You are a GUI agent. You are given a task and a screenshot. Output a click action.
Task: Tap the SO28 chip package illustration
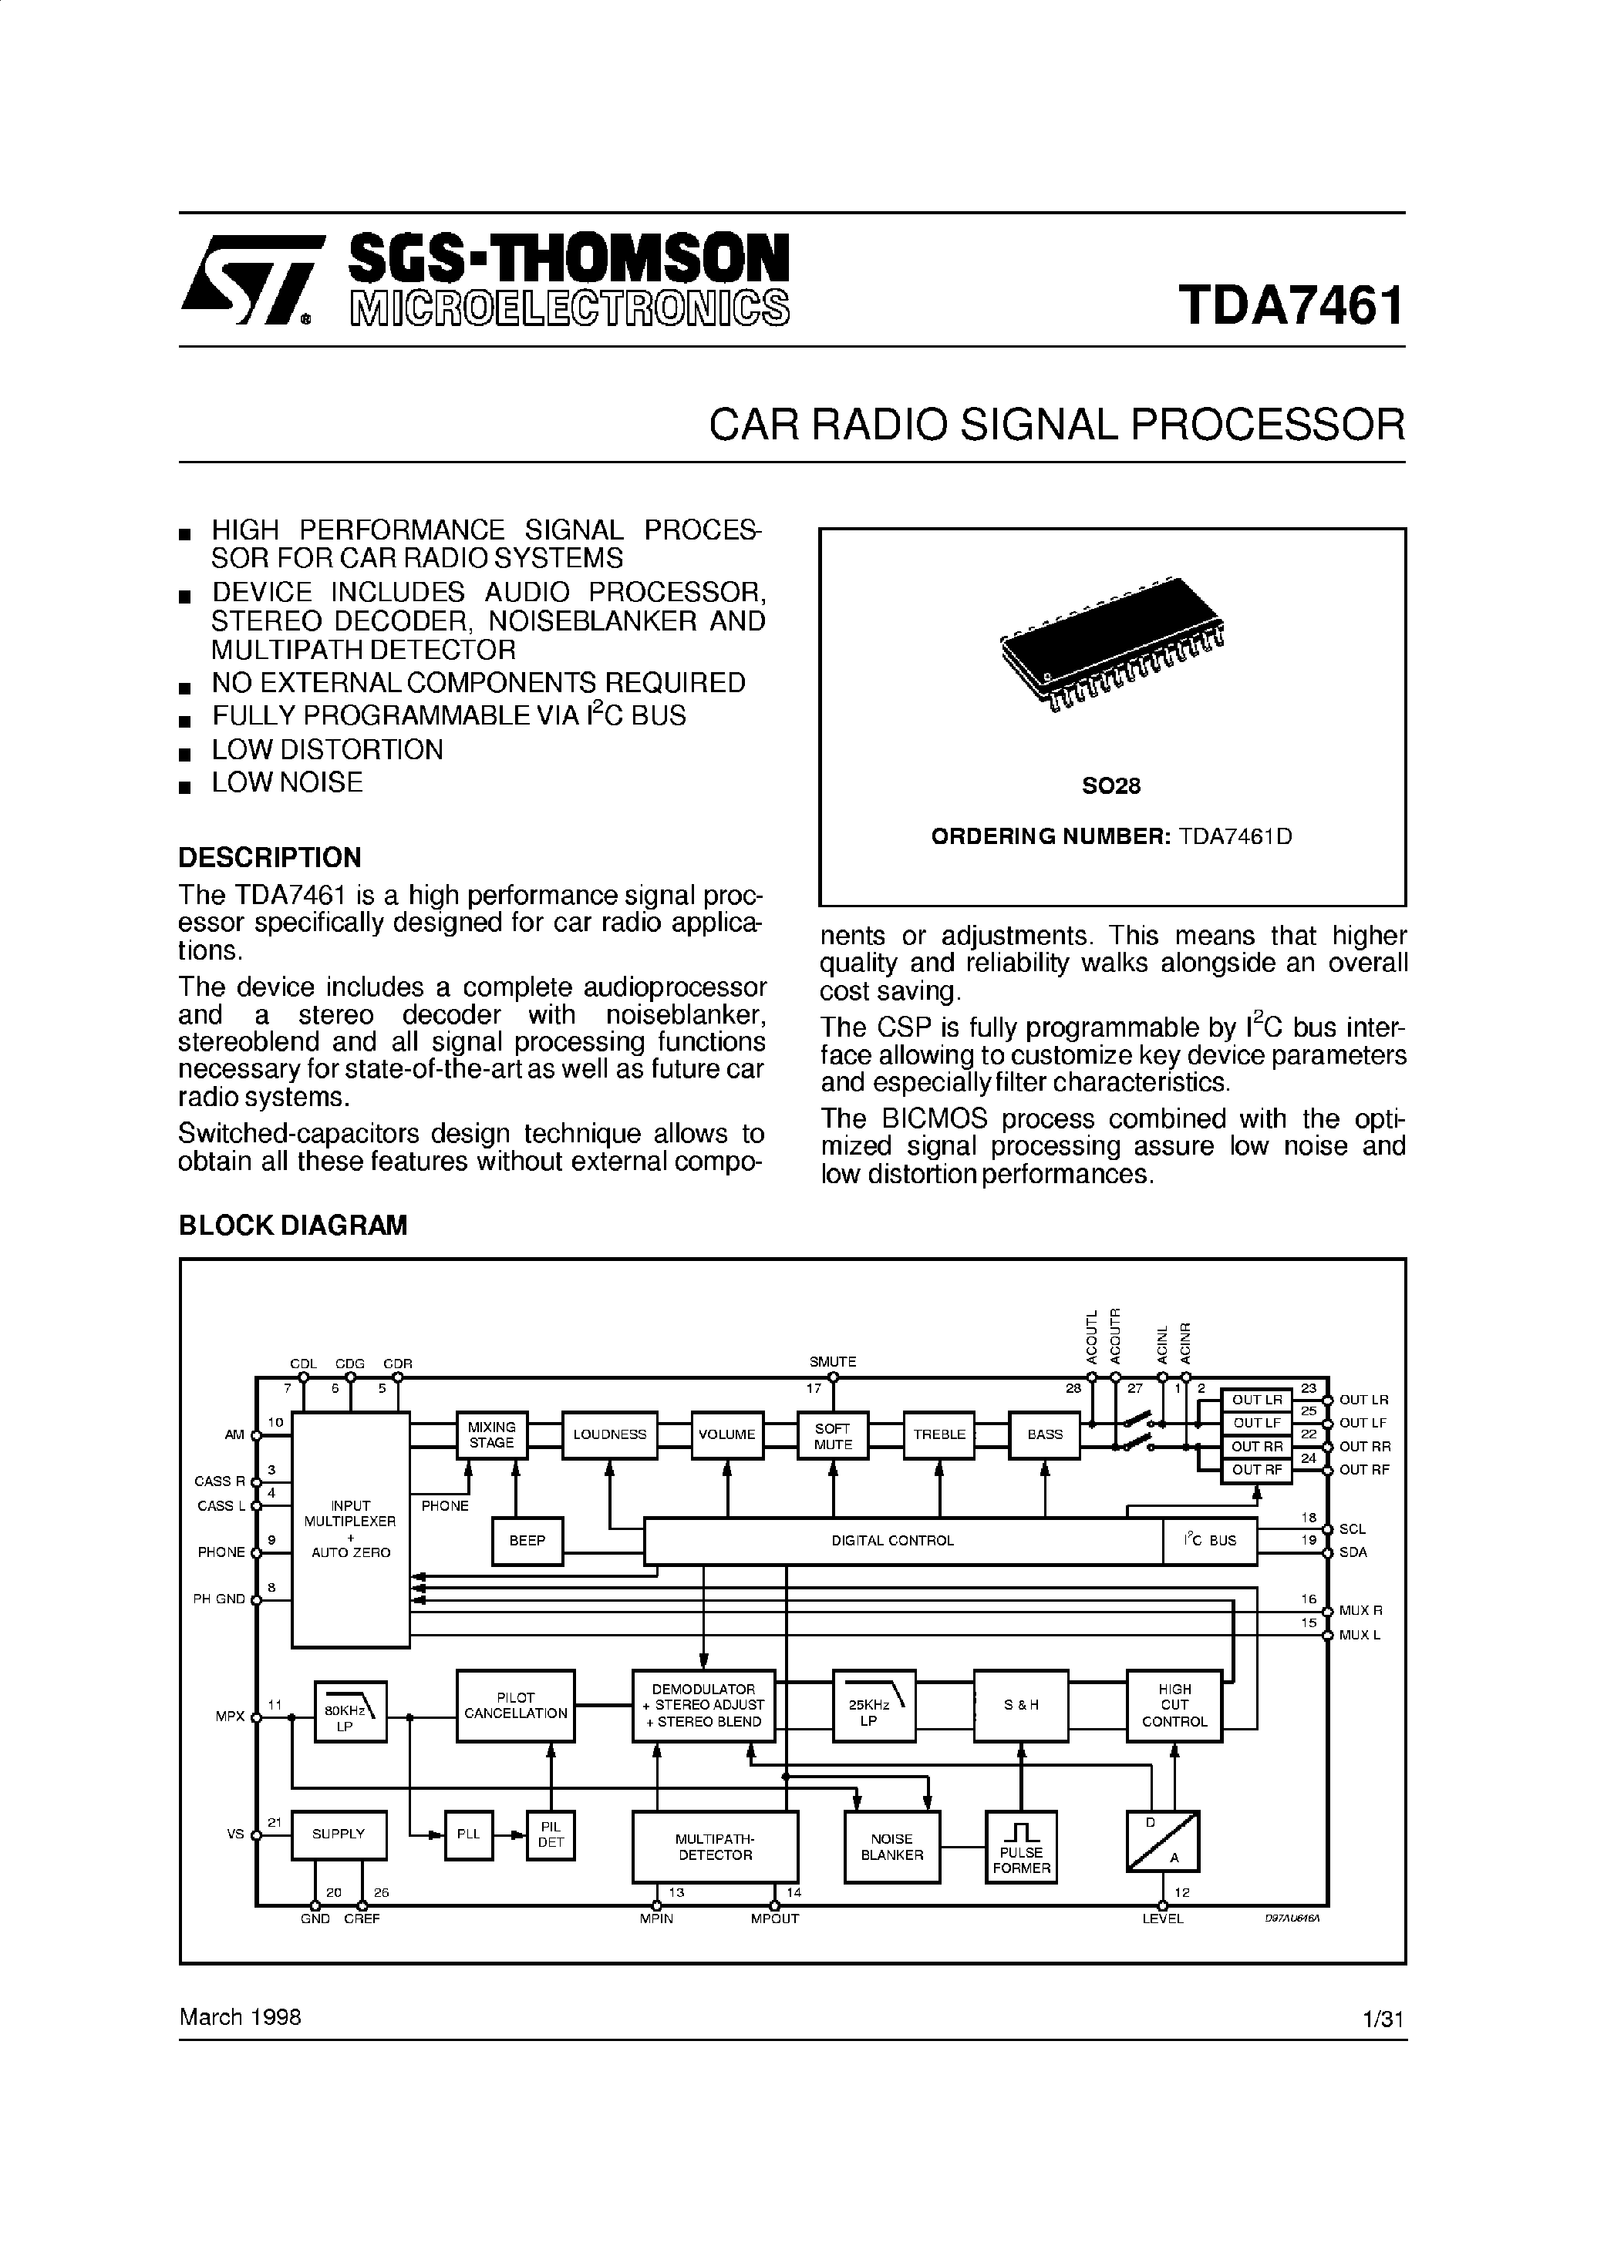1111,647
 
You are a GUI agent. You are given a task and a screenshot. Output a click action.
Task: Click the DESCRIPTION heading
270,856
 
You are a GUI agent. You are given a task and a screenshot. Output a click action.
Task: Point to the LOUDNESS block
609,1434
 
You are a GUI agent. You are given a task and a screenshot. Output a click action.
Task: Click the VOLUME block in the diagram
727,1434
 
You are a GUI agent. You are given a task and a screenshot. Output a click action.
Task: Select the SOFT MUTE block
833,1435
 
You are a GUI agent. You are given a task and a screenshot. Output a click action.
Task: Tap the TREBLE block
938,1434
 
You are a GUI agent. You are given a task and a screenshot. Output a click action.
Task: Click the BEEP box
527,1540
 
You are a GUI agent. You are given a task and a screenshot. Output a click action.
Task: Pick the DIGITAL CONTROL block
893,1540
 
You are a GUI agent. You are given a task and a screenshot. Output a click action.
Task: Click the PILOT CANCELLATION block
516,1705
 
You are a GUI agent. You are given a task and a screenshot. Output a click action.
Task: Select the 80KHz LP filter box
349,1712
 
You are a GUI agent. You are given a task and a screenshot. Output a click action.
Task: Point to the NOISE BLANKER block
892,1846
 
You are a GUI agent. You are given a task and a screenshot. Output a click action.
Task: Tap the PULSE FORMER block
1021,1846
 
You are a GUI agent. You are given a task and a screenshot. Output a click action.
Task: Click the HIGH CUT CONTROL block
1174,1705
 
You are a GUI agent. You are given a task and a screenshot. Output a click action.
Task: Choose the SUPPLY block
339,1834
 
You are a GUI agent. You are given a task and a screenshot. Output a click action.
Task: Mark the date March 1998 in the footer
240,2017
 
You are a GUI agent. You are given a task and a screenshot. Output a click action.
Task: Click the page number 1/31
1382,2019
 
